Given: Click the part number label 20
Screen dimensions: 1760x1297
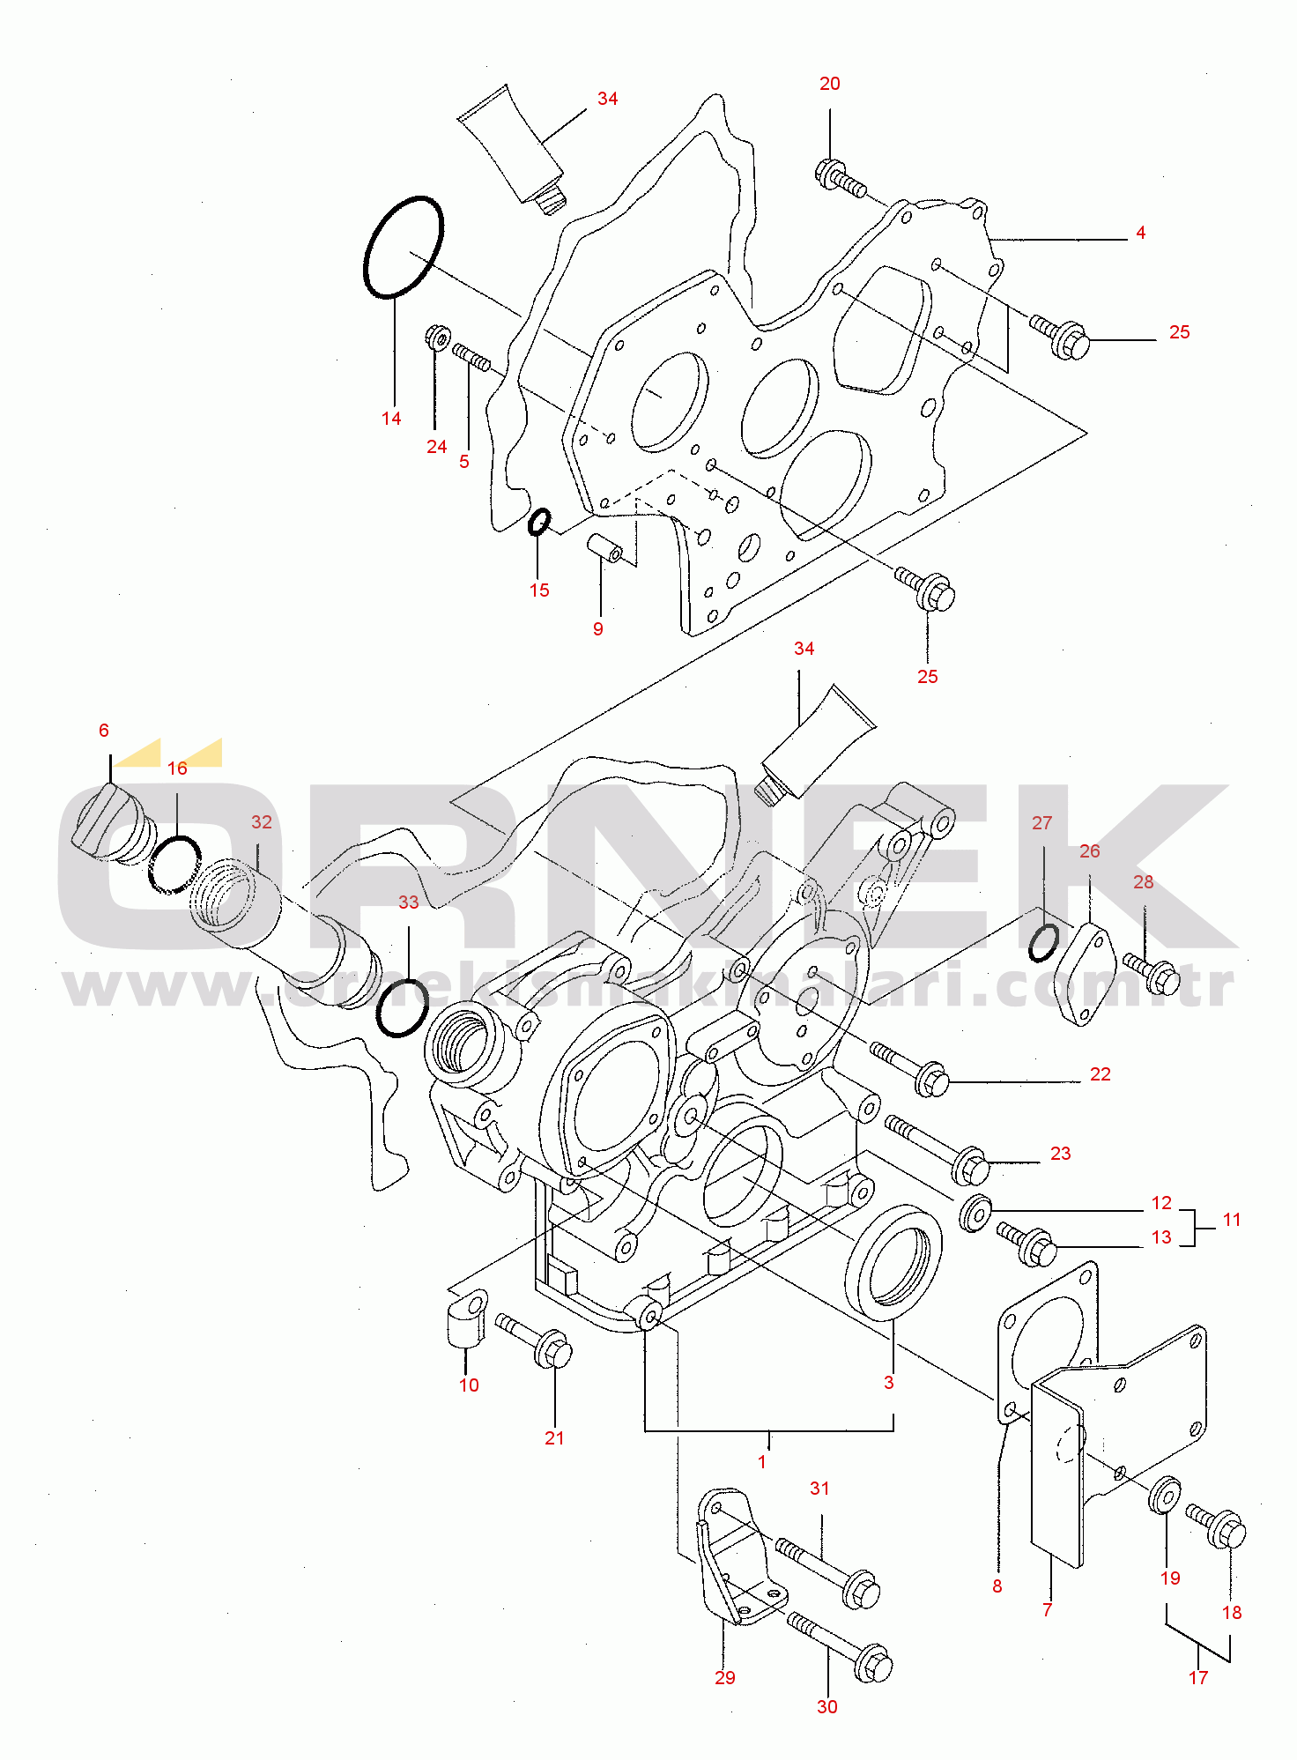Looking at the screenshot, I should tap(829, 84).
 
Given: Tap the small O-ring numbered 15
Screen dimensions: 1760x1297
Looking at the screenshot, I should tap(539, 522).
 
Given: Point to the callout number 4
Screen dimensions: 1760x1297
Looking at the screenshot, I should tap(1140, 234).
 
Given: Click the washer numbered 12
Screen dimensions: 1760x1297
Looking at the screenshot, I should tap(975, 1214).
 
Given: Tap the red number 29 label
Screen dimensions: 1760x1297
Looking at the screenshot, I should tap(724, 1678).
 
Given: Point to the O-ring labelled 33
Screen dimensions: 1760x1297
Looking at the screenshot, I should tap(403, 1007).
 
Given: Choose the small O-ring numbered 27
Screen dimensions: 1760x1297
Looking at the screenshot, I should tap(1044, 943).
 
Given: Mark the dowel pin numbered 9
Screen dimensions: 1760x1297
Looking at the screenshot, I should tap(605, 547).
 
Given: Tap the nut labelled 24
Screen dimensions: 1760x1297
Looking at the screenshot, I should tap(438, 337).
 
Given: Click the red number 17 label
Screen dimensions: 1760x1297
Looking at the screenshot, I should tap(1198, 1678).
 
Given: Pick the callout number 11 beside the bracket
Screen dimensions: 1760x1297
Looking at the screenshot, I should tap(1232, 1221).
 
